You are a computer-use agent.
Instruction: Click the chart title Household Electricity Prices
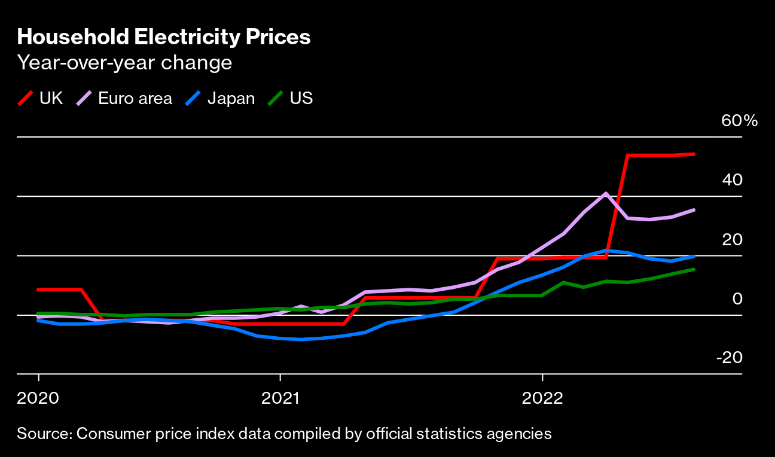[164, 37]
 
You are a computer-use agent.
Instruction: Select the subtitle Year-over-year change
[124, 62]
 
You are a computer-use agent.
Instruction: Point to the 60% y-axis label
[739, 121]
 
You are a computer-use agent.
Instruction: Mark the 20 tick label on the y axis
[732, 239]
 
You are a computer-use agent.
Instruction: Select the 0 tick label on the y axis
[737, 298]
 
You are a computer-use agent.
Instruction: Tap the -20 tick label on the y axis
[730, 358]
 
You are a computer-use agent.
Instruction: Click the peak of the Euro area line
[606, 193]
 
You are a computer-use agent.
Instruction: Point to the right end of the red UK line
[694, 154]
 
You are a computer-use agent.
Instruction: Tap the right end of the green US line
[694, 269]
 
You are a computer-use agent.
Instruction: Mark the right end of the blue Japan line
[694, 257]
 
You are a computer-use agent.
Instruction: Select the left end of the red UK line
[38, 290]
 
